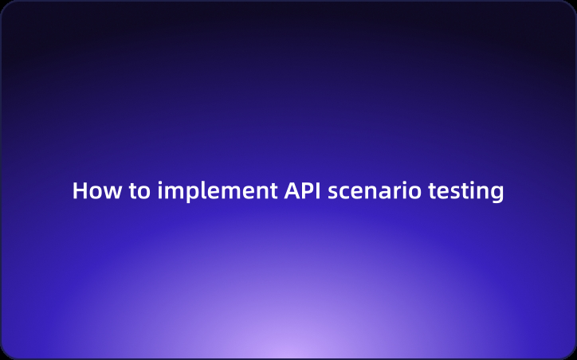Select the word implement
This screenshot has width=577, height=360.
pos(214,192)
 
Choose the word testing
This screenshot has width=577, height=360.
pos(466,192)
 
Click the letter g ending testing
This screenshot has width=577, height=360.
pos(497,195)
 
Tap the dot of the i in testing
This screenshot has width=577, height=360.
pos(473,183)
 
